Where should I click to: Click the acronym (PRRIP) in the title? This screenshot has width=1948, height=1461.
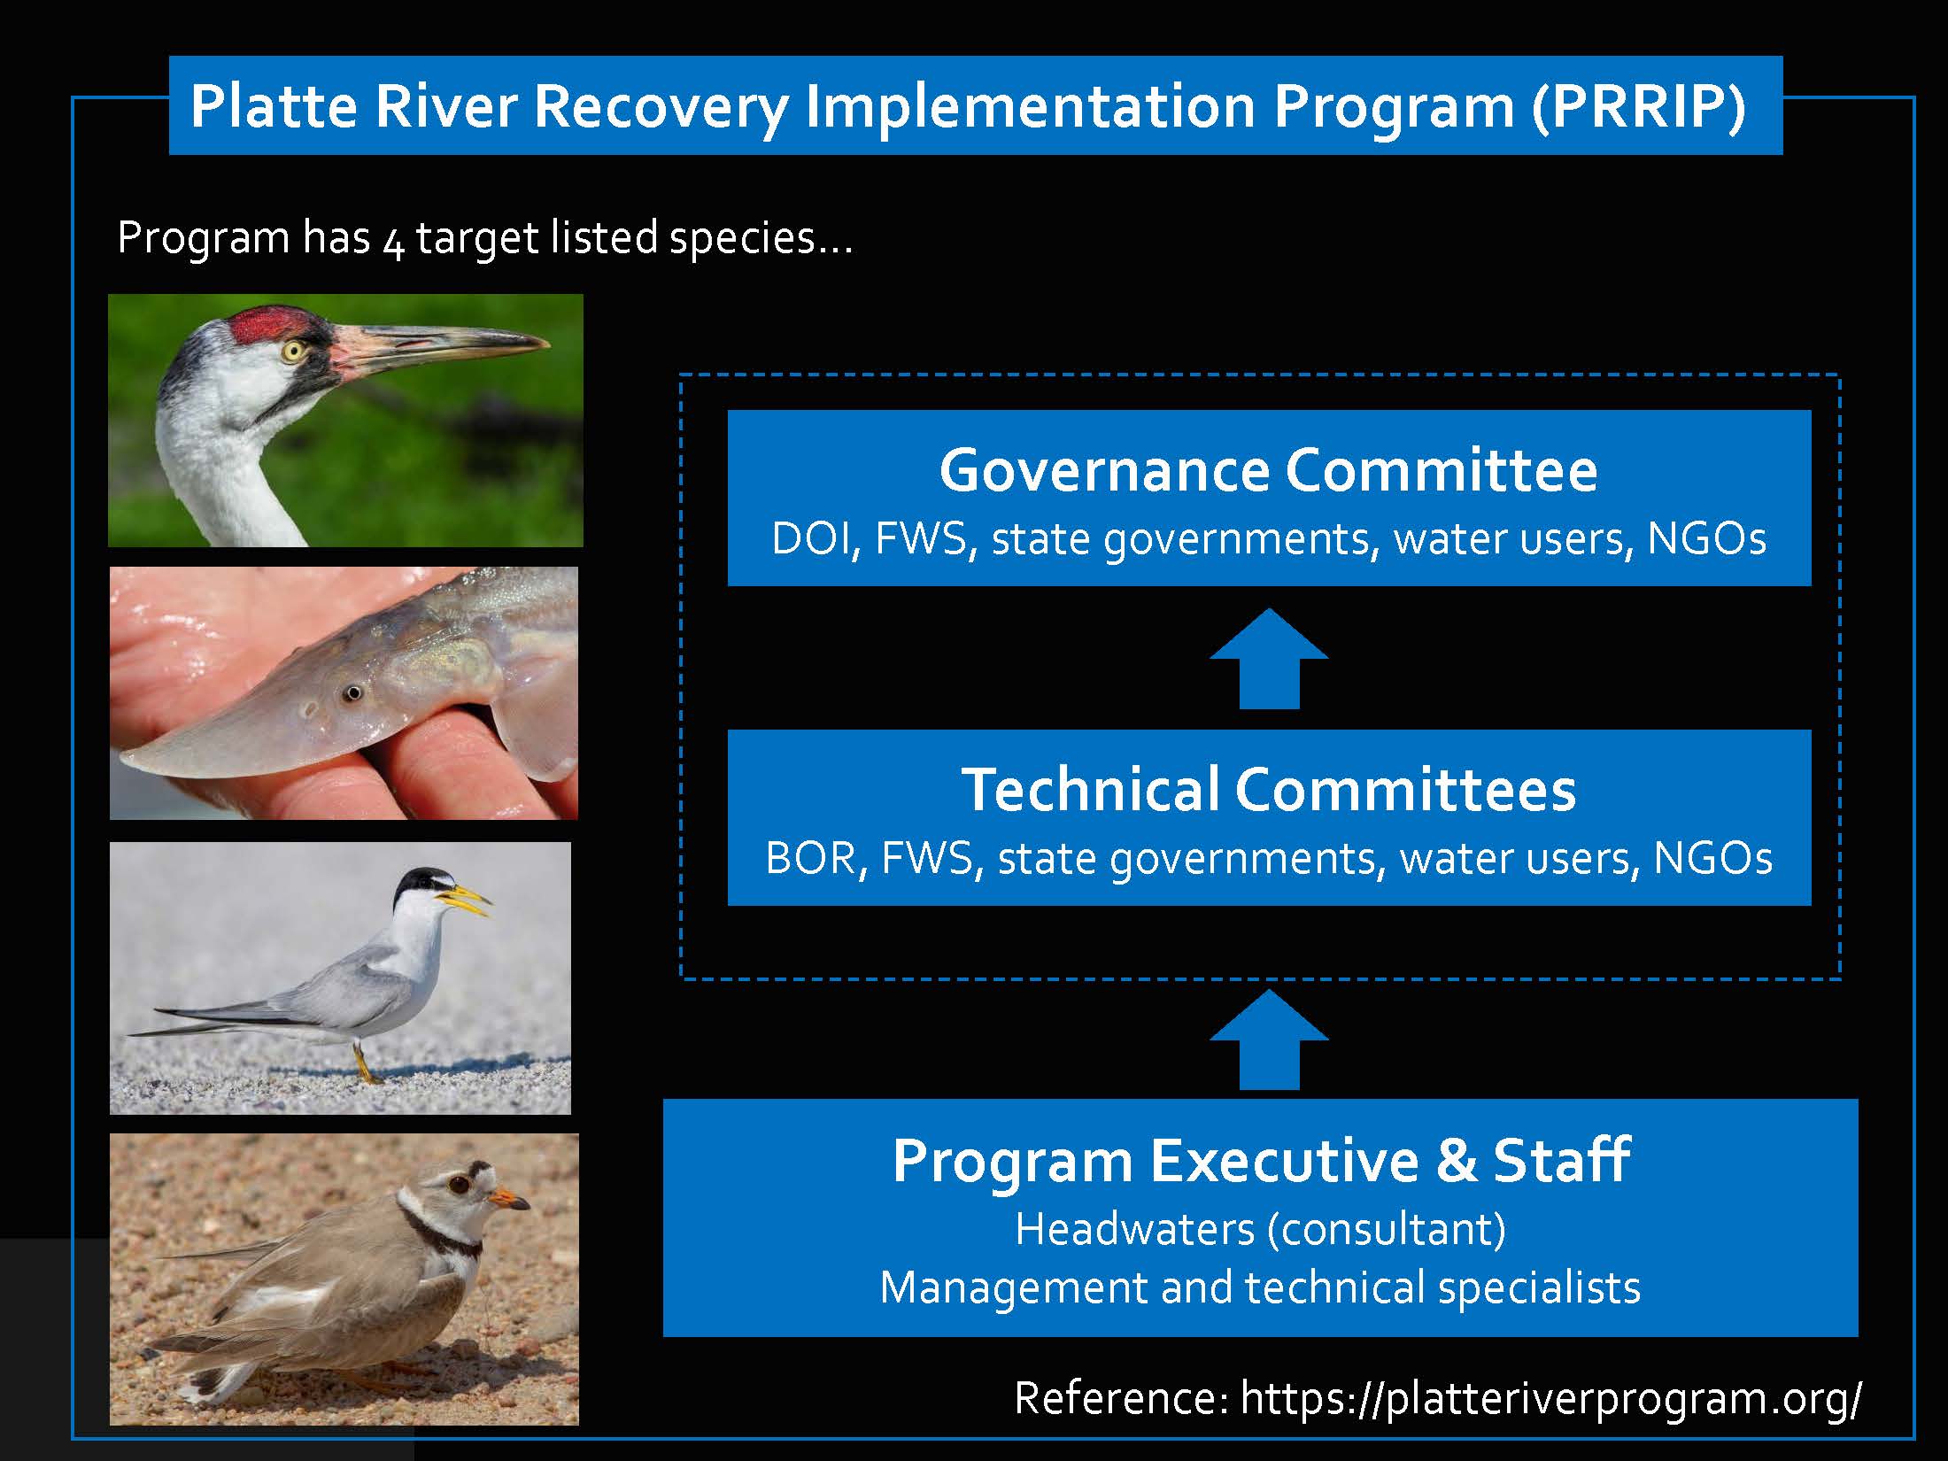click(1638, 106)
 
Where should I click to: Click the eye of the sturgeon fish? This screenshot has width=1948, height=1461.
click(353, 692)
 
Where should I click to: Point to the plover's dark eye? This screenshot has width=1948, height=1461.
click(458, 1183)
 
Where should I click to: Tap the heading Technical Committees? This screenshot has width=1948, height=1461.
click(1269, 789)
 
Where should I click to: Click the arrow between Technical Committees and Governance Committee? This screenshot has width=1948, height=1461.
click(1269, 658)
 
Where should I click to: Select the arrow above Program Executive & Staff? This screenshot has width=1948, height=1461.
click(1269, 1040)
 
